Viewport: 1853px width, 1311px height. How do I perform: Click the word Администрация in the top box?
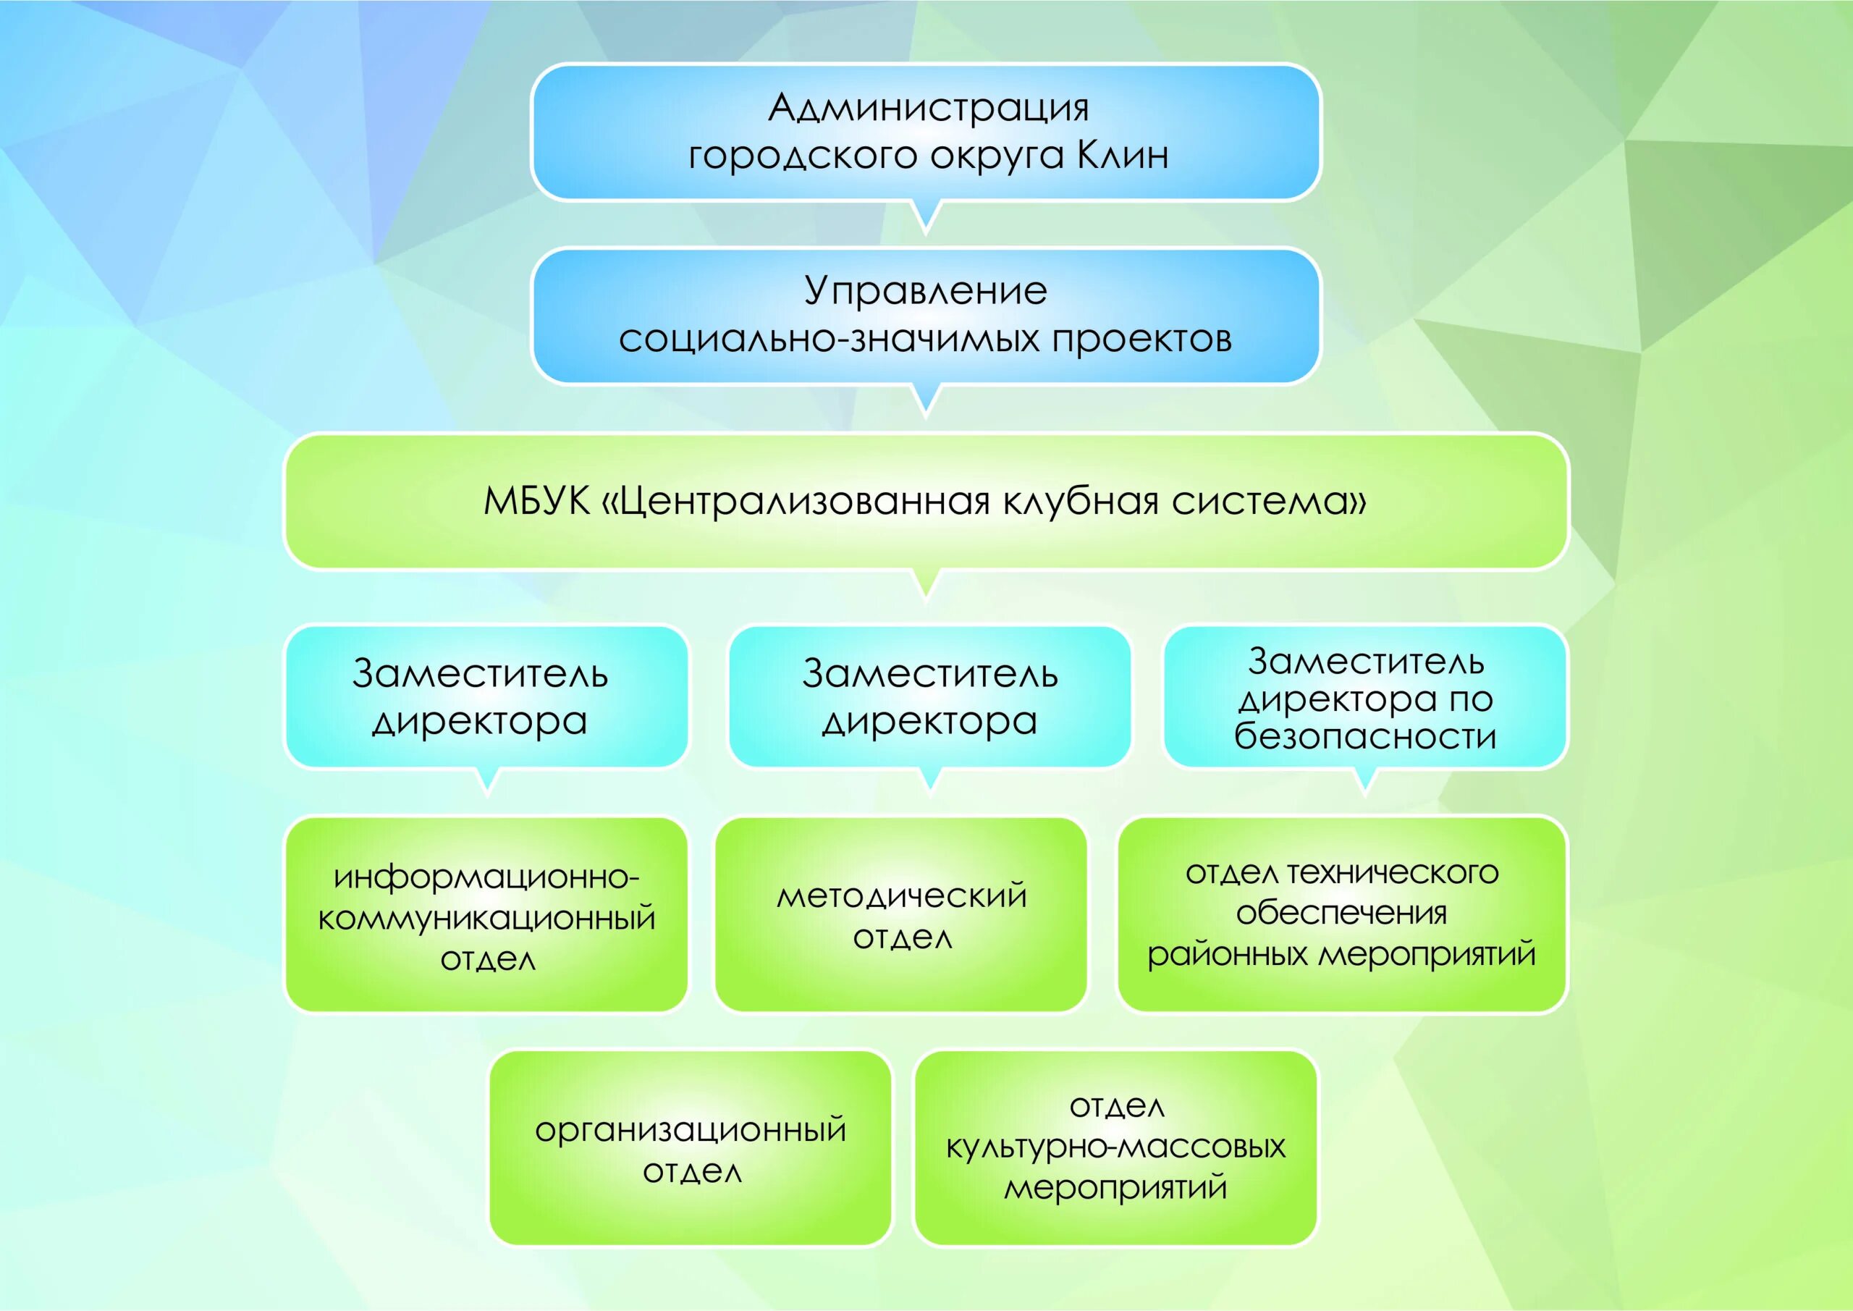pos(928,108)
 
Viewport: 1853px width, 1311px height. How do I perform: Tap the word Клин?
pos(1123,156)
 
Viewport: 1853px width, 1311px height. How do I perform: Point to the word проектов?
pos(1141,339)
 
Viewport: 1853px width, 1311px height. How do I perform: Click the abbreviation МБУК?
pos(536,502)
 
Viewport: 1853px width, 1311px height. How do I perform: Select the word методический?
pos(901,895)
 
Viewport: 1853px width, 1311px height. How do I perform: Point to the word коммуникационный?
pos(486,919)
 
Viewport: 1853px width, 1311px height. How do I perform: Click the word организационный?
pos(691,1129)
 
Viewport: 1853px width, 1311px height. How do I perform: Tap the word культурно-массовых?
pos(1116,1147)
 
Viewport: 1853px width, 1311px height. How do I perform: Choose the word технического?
pos(1392,872)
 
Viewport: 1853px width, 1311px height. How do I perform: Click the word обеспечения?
pos(1341,913)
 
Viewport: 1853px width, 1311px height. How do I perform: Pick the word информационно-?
pos(486,877)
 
